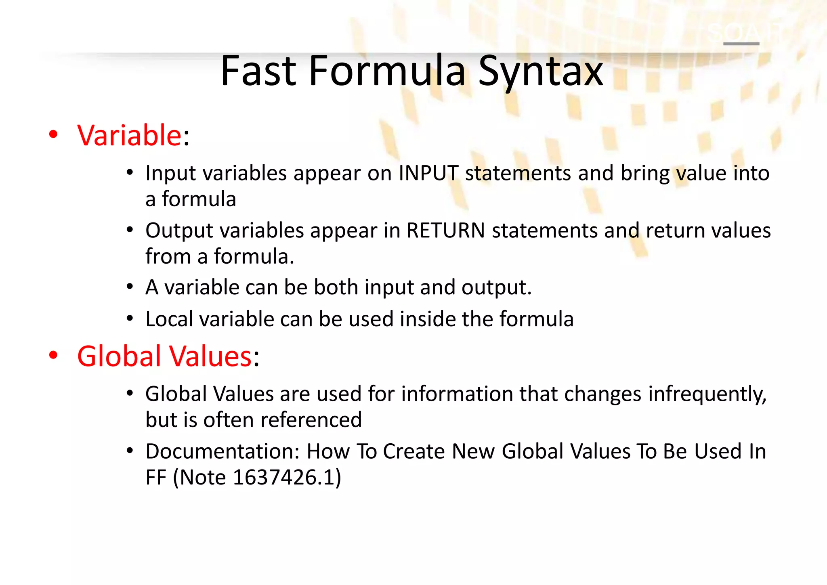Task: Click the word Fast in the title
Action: point(258,71)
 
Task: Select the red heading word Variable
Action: point(130,135)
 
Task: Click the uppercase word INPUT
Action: point(428,173)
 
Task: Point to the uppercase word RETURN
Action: point(445,231)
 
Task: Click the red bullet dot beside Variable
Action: point(53,135)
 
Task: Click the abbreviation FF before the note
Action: point(156,477)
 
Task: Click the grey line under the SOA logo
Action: point(741,44)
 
